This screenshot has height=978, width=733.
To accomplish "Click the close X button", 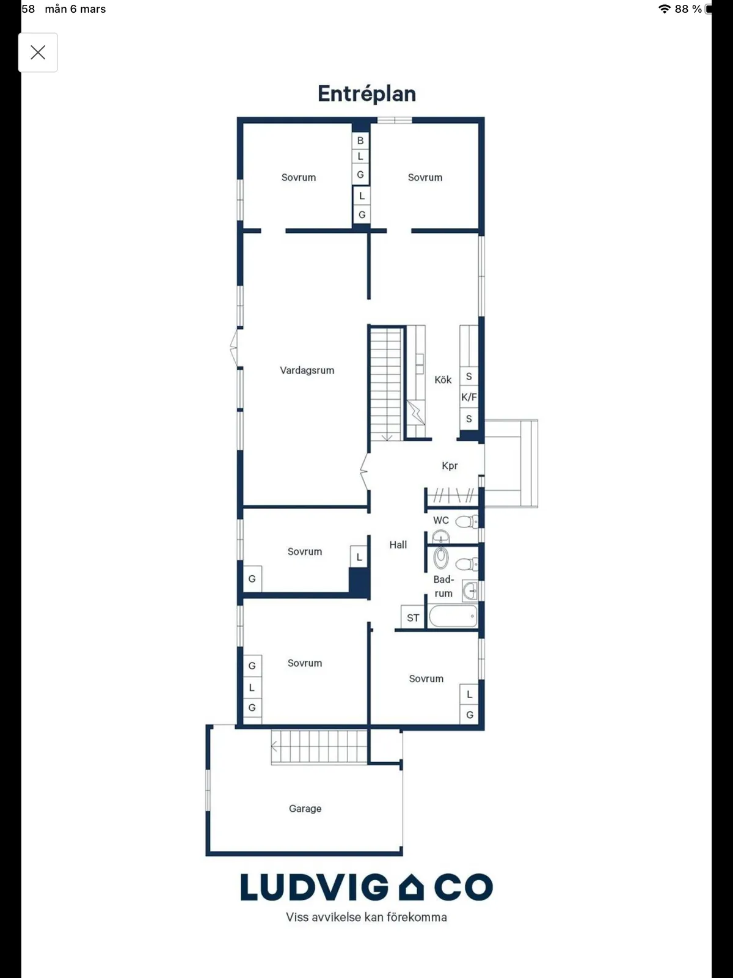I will pyautogui.click(x=38, y=53).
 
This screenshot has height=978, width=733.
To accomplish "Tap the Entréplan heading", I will pyautogui.click(x=366, y=94).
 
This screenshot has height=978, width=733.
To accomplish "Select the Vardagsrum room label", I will pyautogui.click(x=307, y=370).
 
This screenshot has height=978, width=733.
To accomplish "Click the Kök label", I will pyautogui.click(x=443, y=380).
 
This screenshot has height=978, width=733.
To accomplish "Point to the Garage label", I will pyautogui.click(x=305, y=809).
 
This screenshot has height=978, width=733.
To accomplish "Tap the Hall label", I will pyautogui.click(x=398, y=545).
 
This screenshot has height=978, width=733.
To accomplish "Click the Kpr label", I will pyautogui.click(x=450, y=466).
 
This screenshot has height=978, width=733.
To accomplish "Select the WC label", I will pyautogui.click(x=440, y=520).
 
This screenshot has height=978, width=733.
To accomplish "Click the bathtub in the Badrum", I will pyautogui.click(x=453, y=616).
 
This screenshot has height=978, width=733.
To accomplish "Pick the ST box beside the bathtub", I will pyautogui.click(x=413, y=617).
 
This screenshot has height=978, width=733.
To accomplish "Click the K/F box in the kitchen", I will pyautogui.click(x=469, y=397).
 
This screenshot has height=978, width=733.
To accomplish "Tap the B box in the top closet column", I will pyautogui.click(x=360, y=141).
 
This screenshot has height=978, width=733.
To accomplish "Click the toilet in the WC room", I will pyautogui.click(x=467, y=521).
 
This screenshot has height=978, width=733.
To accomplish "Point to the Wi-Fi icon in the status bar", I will pyautogui.click(x=665, y=9).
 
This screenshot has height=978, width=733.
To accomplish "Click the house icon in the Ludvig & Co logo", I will pyautogui.click(x=411, y=888).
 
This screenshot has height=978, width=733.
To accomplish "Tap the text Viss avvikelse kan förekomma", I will pyautogui.click(x=366, y=917).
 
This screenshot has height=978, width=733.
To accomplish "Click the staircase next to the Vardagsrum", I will pyautogui.click(x=386, y=384).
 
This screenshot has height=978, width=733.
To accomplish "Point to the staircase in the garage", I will pyautogui.click(x=319, y=746).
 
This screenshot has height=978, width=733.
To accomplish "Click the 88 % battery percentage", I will pyautogui.click(x=688, y=9).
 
